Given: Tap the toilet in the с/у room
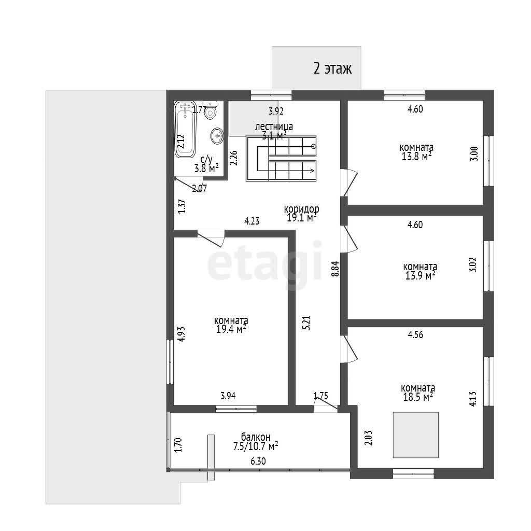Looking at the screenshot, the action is point(211,110).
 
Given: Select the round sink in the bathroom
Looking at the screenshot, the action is point(217,136).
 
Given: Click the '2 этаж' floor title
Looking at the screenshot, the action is point(332,68).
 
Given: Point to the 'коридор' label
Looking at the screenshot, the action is point(301,209).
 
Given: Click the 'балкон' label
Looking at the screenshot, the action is point(256,437).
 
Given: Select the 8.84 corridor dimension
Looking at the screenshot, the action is point(336,269).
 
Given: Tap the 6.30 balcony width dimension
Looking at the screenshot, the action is point(258,461).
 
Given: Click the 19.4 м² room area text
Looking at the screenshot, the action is point(231,329).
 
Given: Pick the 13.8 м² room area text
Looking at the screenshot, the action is point(416,156).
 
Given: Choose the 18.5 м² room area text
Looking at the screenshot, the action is point(418,397).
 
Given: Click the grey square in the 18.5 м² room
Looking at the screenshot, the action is point(416,435).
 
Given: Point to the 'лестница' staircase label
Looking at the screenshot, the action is point(274,127).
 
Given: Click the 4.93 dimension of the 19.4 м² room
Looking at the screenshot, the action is point(181,334).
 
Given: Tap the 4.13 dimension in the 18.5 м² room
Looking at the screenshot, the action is point(473,399).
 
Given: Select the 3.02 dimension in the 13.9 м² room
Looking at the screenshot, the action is point(472,264).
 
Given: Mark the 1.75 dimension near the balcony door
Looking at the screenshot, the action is point(320,396).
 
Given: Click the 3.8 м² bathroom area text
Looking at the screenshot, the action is point(206,168).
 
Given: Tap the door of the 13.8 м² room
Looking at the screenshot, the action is point(350,182).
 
